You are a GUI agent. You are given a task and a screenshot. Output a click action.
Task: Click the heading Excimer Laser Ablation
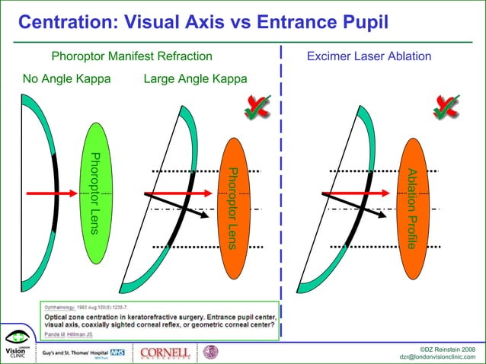(x=369, y=57)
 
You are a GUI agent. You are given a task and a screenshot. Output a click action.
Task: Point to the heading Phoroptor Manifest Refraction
(x=132, y=57)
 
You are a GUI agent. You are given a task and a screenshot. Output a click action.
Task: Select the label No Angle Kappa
(x=66, y=79)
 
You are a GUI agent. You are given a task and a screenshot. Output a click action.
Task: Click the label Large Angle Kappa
(x=195, y=79)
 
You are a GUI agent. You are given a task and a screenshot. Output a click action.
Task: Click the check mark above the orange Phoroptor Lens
(x=257, y=108)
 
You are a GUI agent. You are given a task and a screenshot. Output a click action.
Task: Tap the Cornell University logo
(x=165, y=353)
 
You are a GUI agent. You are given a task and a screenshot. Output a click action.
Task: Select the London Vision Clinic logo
(x=16, y=346)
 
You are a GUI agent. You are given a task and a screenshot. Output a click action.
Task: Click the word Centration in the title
(x=58, y=23)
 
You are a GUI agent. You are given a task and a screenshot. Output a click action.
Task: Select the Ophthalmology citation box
(x=159, y=321)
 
